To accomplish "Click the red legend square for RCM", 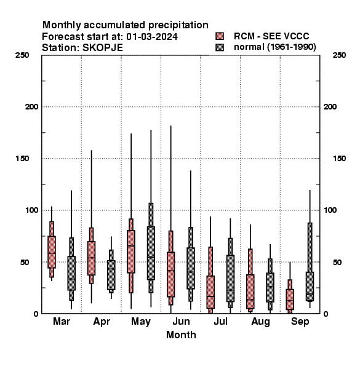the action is pyautogui.click(x=220, y=36).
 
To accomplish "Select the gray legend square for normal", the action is pyautogui.click(x=220, y=47).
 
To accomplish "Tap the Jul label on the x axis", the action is pyautogui.click(x=220, y=322).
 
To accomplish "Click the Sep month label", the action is pyautogui.click(x=300, y=322).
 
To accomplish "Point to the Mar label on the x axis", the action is pyautogui.click(x=62, y=322).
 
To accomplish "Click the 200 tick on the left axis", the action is pyautogui.click(x=31, y=107).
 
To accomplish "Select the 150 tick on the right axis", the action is pyautogui.click(x=339, y=159).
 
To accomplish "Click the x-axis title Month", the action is pyautogui.click(x=181, y=335).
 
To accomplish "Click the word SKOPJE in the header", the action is pyautogui.click(x=103, y=48).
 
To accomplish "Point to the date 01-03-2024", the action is pyautogui.click(x=152, y=37).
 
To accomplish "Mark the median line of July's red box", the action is pyautogui.click(x=210, y=296).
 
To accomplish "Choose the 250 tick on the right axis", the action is pyautogui.click(x=339, y=55).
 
